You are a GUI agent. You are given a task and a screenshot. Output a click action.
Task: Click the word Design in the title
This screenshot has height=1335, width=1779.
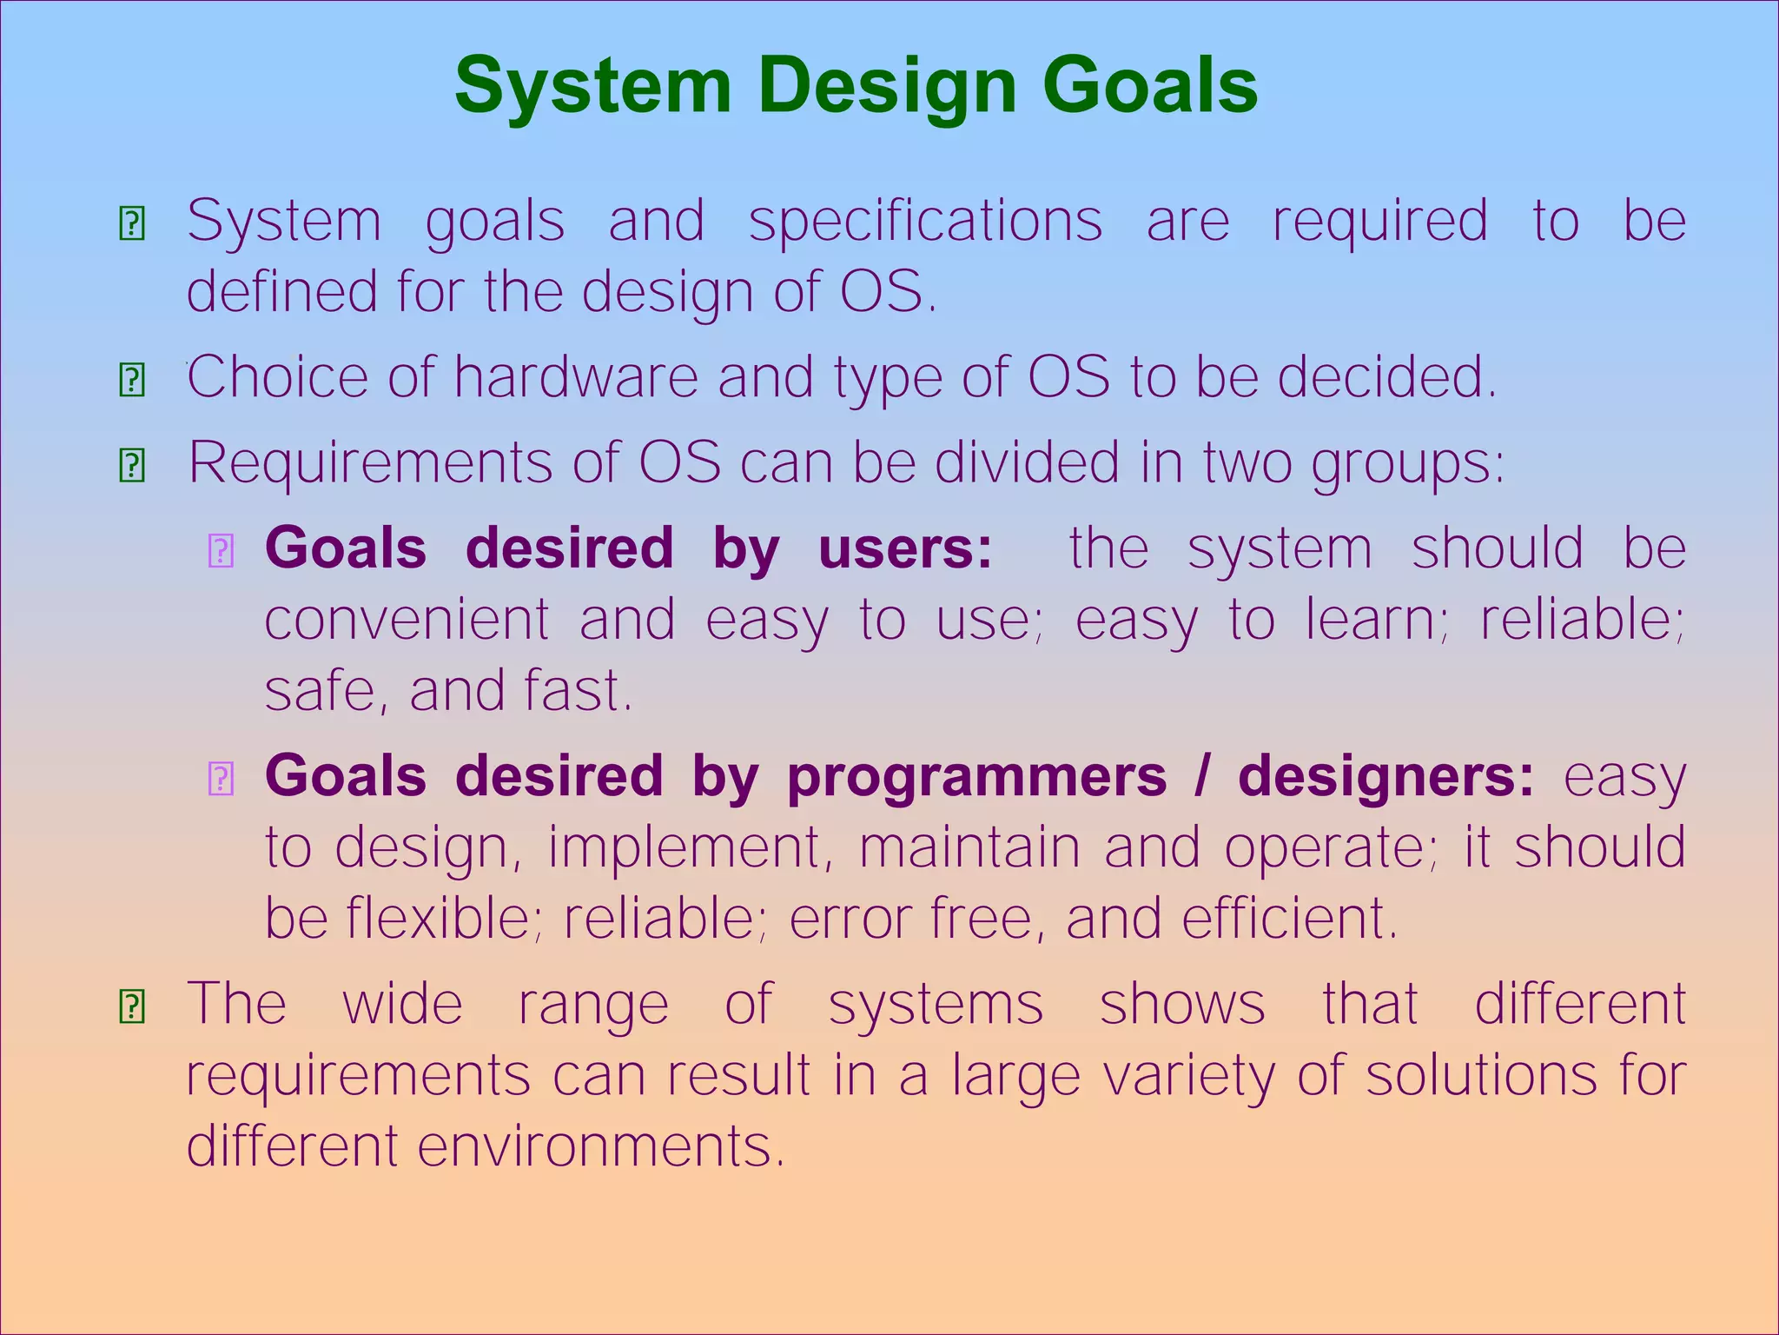887,87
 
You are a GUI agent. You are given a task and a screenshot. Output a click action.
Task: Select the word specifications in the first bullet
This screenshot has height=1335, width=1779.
925,222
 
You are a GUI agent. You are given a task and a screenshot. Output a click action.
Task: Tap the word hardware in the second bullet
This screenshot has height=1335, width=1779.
575,377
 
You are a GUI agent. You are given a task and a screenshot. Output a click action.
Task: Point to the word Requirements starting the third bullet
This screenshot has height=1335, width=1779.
372,462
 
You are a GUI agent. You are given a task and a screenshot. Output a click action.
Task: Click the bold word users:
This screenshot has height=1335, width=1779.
904,548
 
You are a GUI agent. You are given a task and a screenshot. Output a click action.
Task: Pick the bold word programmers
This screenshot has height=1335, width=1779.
976,775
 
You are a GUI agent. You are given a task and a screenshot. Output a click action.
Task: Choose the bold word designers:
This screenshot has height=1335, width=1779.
1386,777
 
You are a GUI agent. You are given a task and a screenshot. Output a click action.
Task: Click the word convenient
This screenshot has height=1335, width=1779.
407,621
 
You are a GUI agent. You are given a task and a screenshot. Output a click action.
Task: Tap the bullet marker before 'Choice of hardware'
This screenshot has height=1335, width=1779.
131,380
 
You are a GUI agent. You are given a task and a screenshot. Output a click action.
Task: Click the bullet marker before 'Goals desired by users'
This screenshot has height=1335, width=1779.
221,551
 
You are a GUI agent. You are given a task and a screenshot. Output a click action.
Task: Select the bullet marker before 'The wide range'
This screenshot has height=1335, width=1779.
131,1006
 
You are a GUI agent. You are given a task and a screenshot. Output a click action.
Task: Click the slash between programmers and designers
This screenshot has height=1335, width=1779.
1201,775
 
